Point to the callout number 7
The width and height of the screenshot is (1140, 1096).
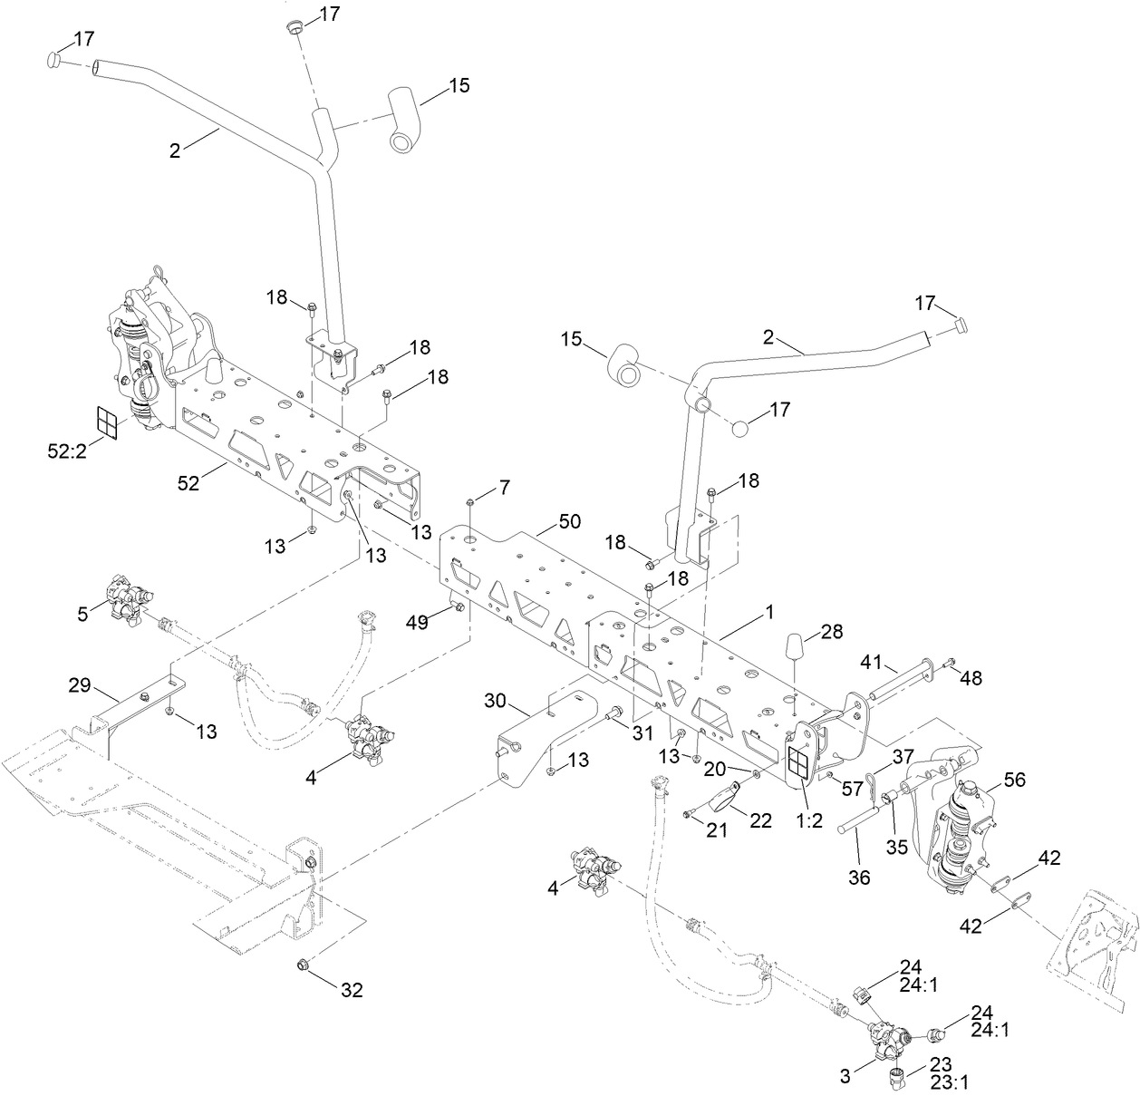(504, 490)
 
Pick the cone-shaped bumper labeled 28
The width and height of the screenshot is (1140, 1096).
(795, 650)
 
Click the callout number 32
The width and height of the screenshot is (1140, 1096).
(352, 990)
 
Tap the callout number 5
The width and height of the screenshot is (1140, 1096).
(82, 614)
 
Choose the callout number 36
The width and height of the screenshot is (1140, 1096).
(859, 877)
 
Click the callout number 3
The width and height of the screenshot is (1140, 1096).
(845, 1076)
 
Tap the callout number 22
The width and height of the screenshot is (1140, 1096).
(760, 820)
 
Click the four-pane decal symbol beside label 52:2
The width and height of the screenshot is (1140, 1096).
(108, 422)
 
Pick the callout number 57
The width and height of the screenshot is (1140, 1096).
(853, 790)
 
